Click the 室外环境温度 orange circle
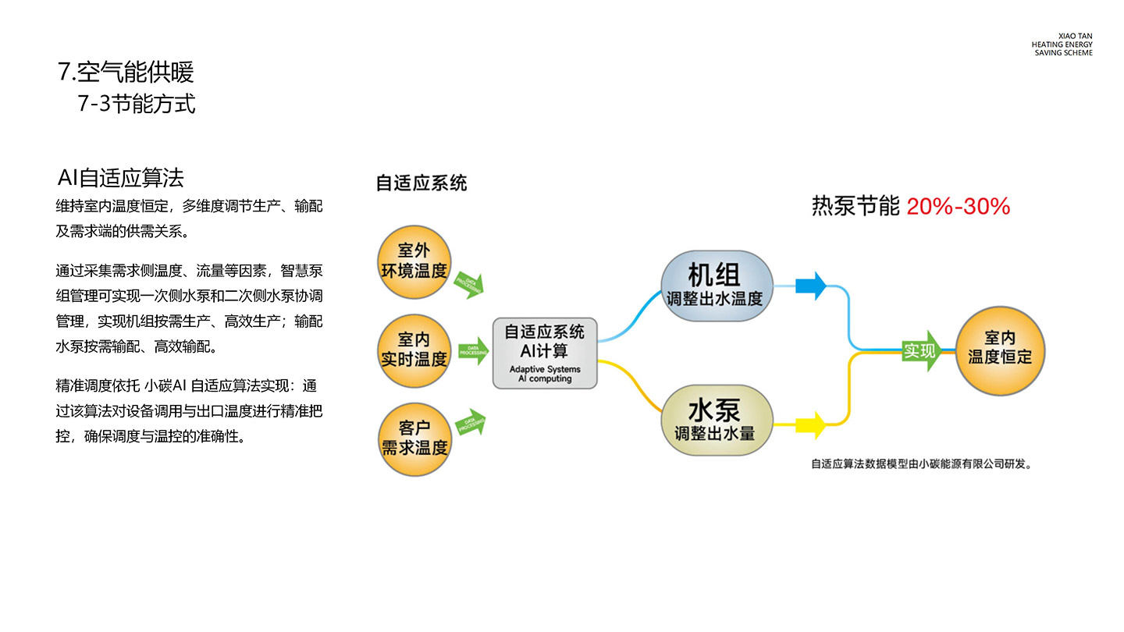(414, 261)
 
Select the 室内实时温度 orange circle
(414, 349)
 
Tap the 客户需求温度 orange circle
(414, 438)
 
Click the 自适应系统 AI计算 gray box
(545, 353)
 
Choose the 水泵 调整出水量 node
(717, 421)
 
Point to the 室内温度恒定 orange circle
(1000, 349)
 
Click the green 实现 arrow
(921, 351)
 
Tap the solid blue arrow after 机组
(811, 287)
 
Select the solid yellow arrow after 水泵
(811, 424)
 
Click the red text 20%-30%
(959, 207)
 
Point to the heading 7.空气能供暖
(126, 73)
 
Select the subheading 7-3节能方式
(137, 104)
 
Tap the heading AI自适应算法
(121, 178)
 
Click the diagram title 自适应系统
(421, 183)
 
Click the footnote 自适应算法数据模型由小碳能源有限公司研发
(922, 464)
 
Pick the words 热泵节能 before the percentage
(855, 207)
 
